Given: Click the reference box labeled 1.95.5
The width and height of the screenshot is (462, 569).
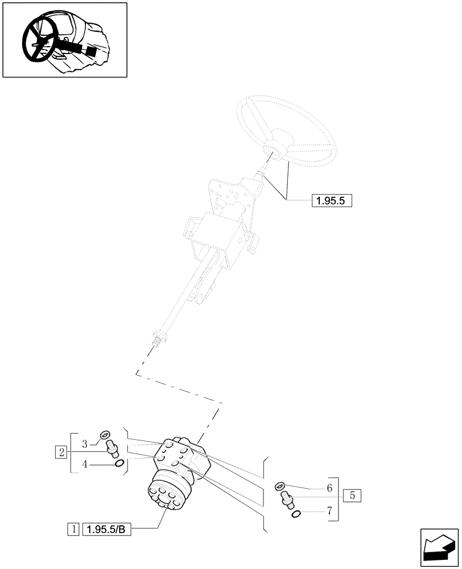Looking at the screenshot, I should (332, 200).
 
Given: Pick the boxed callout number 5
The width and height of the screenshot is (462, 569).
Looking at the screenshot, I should (352, 495).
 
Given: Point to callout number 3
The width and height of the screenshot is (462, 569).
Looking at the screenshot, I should (84, 443).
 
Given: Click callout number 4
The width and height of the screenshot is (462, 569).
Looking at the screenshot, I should (84, 464).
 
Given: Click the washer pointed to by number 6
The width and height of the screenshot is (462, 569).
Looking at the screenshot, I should (279, 485).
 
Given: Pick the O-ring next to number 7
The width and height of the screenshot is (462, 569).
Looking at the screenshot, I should (296, 514).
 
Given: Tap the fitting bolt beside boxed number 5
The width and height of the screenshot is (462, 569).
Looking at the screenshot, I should (287, 500).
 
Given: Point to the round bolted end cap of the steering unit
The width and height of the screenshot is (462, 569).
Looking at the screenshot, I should (163, 495).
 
